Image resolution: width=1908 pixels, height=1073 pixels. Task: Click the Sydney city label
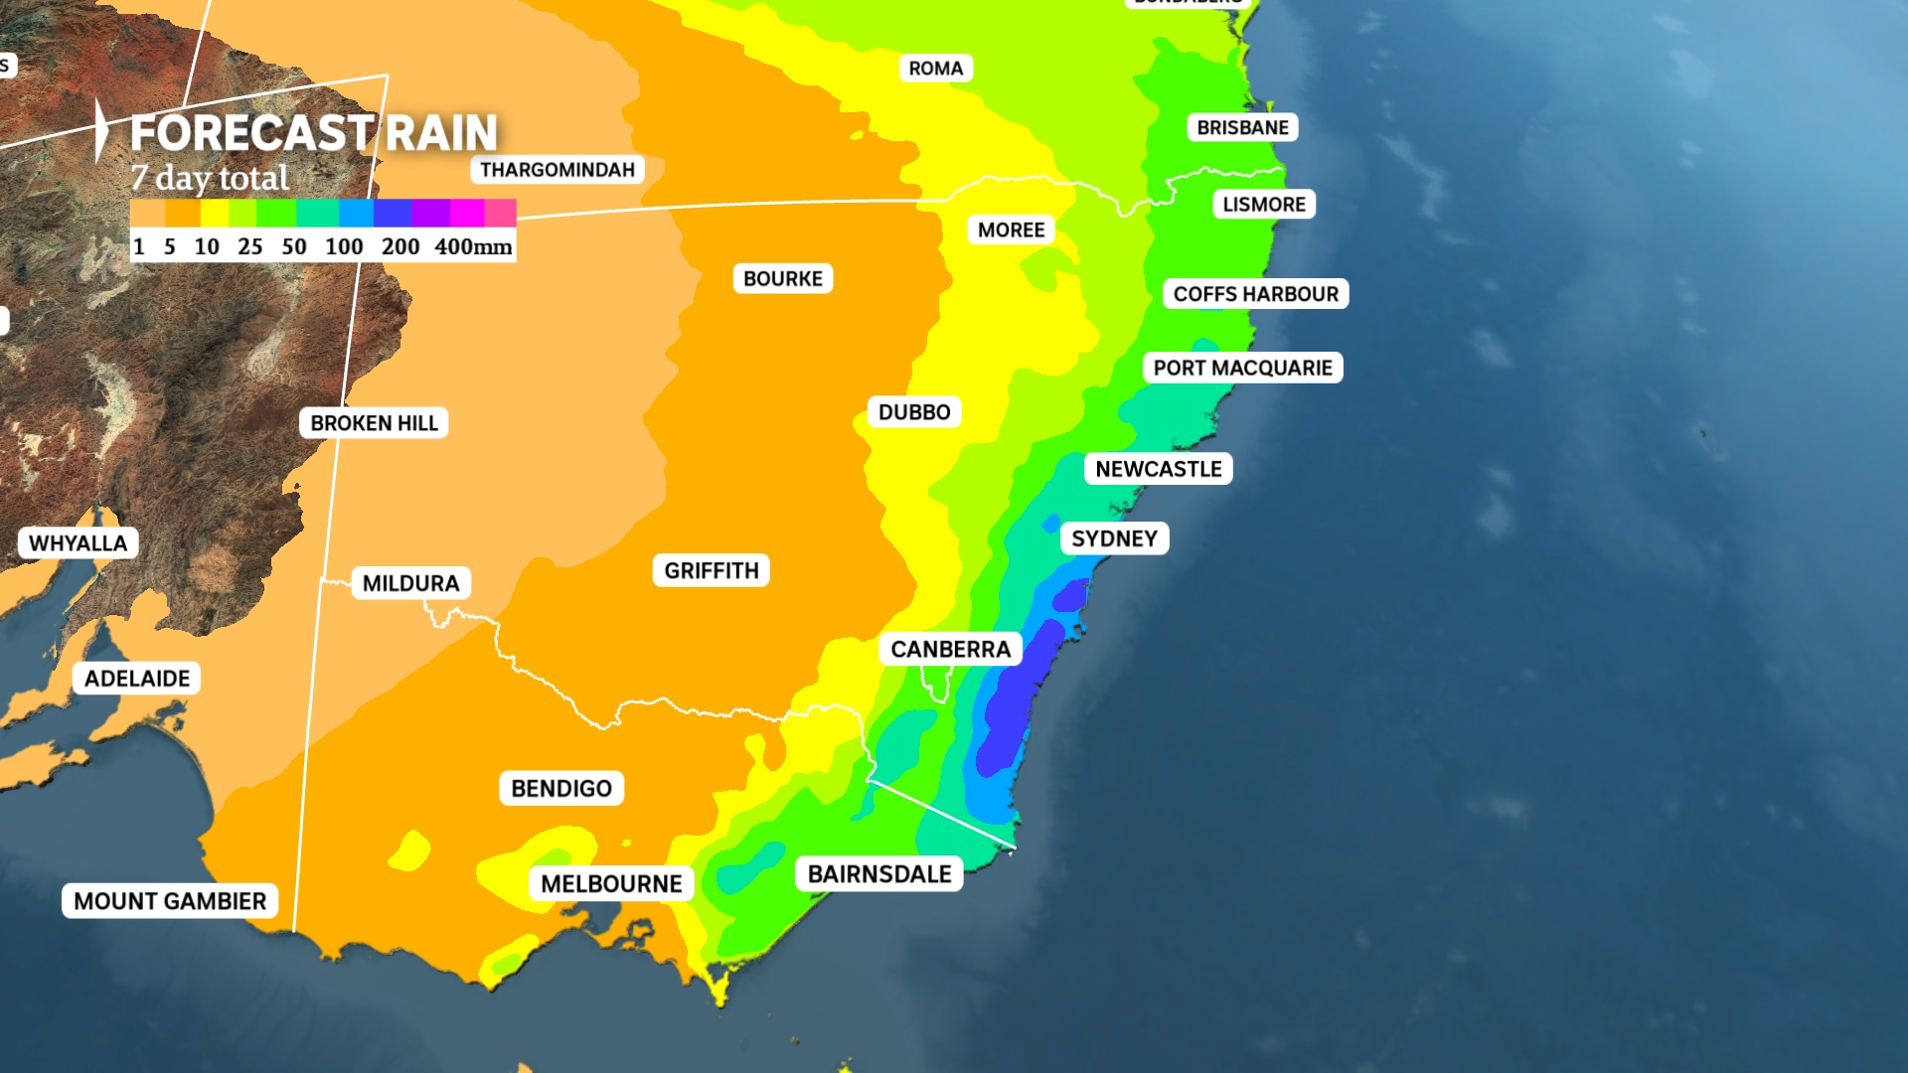1114,538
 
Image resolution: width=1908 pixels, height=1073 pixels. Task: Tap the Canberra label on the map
950,650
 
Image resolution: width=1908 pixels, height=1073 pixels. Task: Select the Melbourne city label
611,883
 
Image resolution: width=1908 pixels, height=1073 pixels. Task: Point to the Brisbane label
1242,127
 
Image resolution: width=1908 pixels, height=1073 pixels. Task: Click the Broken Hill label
374,423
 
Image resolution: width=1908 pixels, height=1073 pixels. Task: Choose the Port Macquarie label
1242,368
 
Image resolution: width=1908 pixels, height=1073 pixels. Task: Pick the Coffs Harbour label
1255,294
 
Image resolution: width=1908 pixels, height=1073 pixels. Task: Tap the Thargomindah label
556,170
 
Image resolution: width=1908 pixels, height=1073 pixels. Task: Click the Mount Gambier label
170,901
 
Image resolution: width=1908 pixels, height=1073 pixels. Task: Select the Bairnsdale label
879,874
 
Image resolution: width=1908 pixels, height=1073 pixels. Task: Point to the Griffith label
712,570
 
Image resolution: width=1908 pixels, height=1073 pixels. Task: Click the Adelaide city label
137,679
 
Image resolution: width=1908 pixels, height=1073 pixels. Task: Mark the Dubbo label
914,412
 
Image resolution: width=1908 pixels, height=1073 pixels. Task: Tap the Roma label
935,69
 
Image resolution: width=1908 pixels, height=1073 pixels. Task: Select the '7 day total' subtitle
210,179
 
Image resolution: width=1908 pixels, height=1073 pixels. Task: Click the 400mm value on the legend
473,246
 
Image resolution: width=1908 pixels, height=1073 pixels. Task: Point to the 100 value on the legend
344,246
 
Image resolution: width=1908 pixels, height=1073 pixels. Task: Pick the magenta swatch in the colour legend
466,213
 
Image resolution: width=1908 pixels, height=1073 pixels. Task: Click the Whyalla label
79,543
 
